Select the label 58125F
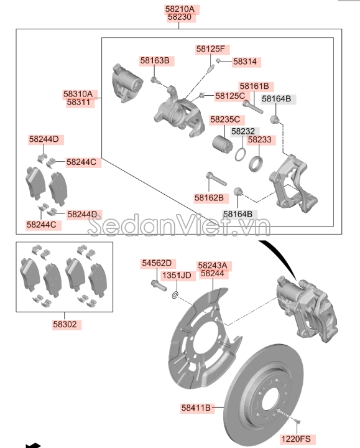tap(213, 49)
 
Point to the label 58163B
tap(154, 60)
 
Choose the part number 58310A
tap(78, 93)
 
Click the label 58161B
tap(254, 86)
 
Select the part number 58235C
tap(225, 119)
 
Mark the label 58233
tap(259, 140)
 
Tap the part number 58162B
tap(211, 197)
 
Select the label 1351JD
tap(177, 275)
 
